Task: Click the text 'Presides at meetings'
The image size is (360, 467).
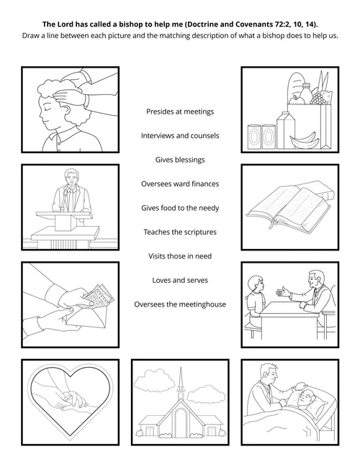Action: point(179,112)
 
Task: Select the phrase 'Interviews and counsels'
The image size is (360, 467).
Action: point(179,135)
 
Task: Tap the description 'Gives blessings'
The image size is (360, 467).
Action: point(179,160)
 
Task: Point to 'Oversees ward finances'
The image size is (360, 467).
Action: point(179,183)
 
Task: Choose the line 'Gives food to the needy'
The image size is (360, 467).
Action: point(179,208)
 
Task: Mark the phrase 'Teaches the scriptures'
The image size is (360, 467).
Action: point(179,232)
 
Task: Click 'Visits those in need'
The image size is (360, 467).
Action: point(179,255)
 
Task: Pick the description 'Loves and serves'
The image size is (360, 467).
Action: point(179,280)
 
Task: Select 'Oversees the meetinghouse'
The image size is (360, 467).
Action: point(179,304)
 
